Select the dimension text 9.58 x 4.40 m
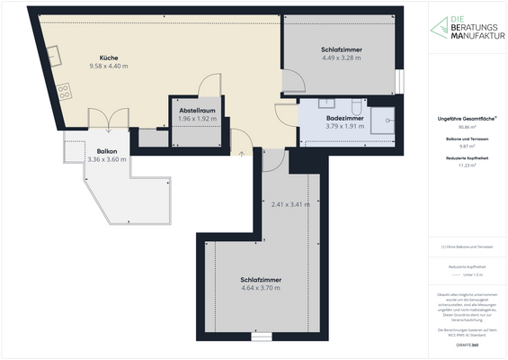(x=109, y=67)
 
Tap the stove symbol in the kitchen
(x=64, y=91)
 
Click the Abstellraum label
(x=197, y=109)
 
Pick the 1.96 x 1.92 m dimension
(x=197, y=118)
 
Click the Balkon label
(x=106, y=151)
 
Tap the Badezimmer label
(x=345, y=117)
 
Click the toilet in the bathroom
(x=357, y=103)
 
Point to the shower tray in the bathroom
(x=388, y=117)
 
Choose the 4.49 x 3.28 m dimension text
(x=341, y=58)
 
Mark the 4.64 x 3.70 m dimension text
(x=261, y=290)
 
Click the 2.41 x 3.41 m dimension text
(x=290, y=204)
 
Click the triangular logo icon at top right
(x=436, y=28)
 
